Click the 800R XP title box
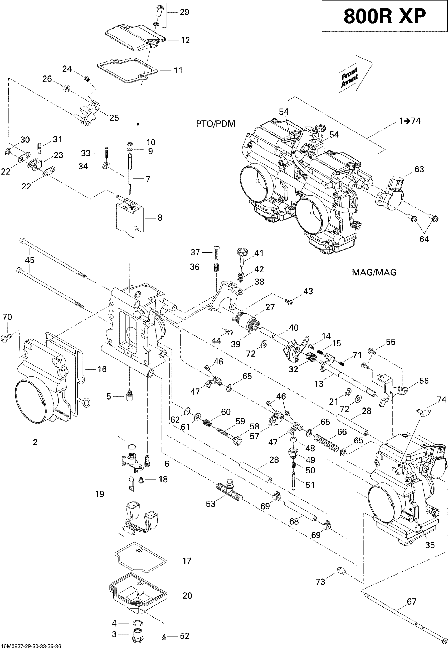[384, 16]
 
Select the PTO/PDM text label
[215, 124]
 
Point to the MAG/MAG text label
[374, 272]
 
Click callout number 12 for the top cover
[185, 40]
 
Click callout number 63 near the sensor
[419, 169]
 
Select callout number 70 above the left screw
[7, 317]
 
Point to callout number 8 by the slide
[160, 217]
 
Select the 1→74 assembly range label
[410, 121]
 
